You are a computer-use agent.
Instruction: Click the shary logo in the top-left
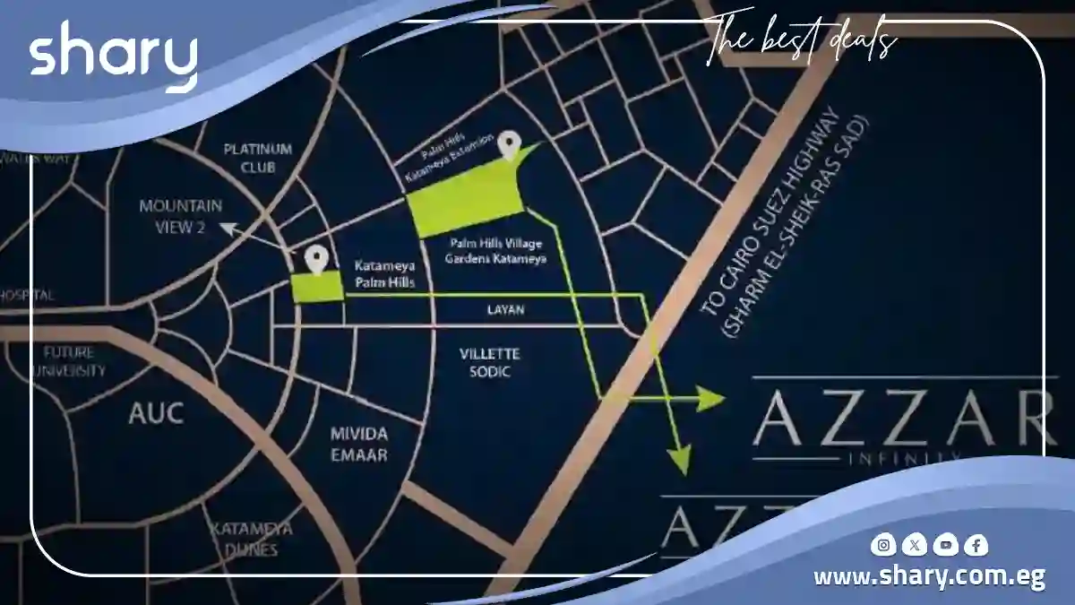(113, 60)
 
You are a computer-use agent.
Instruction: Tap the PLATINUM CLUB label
(258, 158)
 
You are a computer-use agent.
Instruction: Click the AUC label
(156, 413)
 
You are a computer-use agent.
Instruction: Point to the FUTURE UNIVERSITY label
(74, 361)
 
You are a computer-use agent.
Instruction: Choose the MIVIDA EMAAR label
(358, 444)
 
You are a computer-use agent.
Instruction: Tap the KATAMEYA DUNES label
(245, 539)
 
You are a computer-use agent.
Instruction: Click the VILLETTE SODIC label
(489, 362)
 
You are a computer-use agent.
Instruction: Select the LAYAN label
(505, 310)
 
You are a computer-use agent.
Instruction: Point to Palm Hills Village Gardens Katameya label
(496, 251)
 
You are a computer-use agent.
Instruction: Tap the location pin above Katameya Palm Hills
(314, 259)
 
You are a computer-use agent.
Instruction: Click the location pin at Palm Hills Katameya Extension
(510, 144)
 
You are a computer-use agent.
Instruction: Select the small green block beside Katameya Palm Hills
(317, 288)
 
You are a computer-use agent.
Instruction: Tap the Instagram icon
(884, 544)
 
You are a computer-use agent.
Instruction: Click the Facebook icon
(976, 544)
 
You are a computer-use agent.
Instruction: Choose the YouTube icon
(945, 544)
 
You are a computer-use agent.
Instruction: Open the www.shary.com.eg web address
(928, 576)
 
